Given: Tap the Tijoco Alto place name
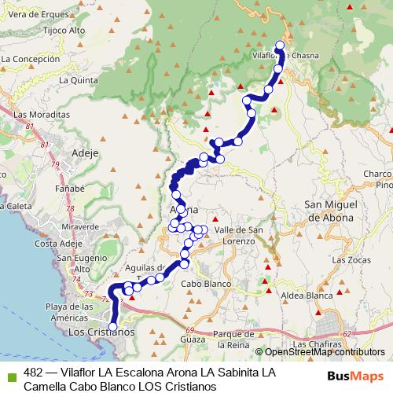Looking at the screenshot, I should point(42,31).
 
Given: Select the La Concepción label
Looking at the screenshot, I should point(31,59).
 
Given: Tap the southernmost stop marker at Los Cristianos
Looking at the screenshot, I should point(112,326).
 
